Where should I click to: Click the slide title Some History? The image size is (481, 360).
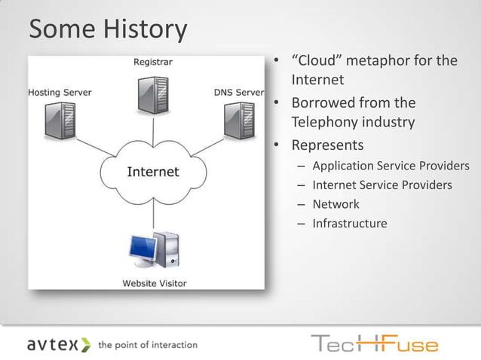pyautogui.click(x=108, y=30)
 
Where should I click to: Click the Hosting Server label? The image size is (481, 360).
pyautogui.click(x=60, y=93)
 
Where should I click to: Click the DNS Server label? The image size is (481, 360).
pyautogui.click(x=238, y=93)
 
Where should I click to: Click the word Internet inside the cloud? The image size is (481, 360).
pyautogui.click(x=153, y=172)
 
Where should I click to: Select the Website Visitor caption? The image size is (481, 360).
pyautogui.click(x=155, y=283)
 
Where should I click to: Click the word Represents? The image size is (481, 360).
pyautogui.click(x=327, y=145)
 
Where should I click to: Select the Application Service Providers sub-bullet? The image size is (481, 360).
pyautogui.click(x=391, y=166)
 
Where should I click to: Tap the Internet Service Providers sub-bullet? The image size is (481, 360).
pyautogui.click(x=382, y=185)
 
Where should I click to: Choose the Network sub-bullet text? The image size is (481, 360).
pyautogui.click(x=335, y=204)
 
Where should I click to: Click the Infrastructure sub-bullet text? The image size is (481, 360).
pyautogui.click(x=350, y=224)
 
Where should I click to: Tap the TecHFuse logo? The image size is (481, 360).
pyautogui.click(x=374, y=343)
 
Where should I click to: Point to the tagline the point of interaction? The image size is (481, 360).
pyautogui.click(x=148, y=345)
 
